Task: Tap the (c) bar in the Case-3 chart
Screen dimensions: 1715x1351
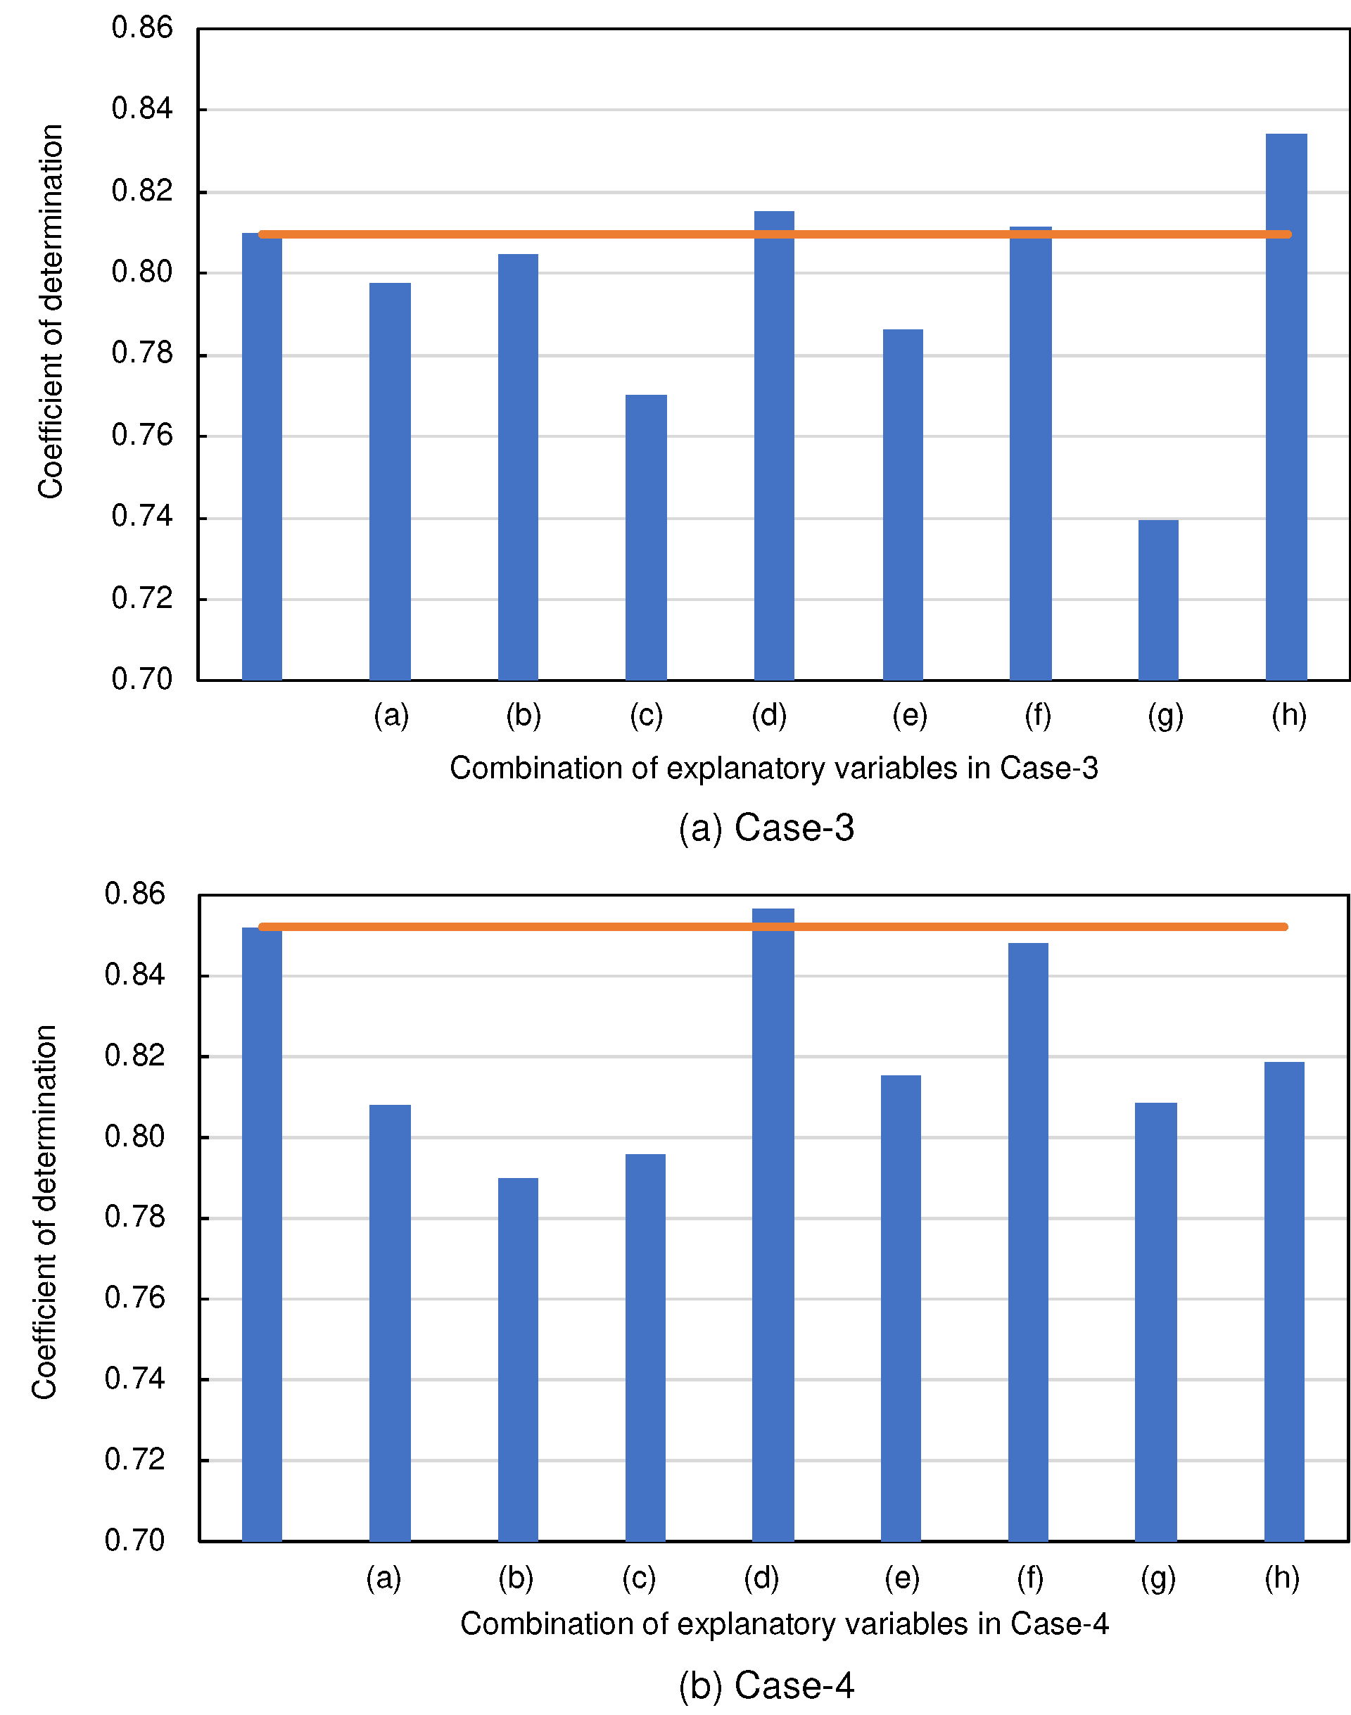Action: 645,538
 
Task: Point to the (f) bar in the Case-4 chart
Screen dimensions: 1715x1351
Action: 1028,1242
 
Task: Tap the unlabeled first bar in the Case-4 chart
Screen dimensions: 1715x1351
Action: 262,1234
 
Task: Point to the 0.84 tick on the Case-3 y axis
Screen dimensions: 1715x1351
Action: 141,109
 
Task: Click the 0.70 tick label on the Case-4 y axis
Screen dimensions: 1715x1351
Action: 134,1540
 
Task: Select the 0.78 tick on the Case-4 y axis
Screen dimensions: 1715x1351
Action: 134,1217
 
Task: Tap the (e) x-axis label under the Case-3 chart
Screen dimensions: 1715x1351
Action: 910,715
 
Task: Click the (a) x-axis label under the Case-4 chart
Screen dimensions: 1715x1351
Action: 383,1578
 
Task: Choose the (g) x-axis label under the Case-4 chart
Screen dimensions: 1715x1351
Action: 1158,1578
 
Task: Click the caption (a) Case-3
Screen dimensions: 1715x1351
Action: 766,828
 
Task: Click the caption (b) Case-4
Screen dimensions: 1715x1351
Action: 766,1685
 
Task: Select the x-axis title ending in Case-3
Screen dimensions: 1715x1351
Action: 773,768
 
